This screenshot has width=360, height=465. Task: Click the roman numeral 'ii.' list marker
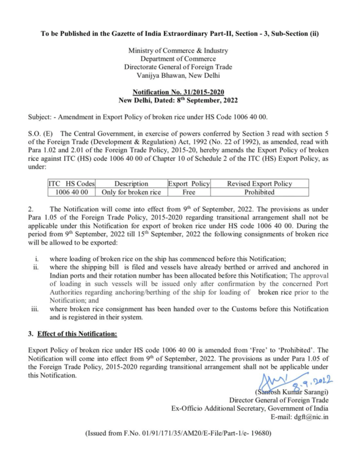tap(36, 267)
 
